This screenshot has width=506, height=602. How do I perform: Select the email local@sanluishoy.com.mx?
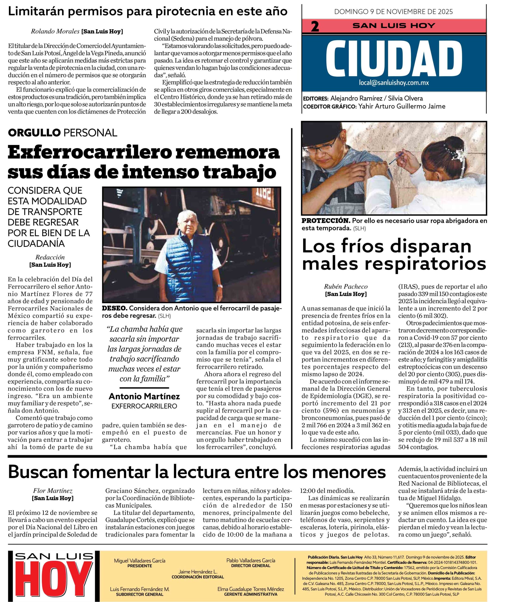pyautogui.click(x=394, y=83)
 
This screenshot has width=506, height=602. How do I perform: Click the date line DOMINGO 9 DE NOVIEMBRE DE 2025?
pyautogui.click(x=394, y=12)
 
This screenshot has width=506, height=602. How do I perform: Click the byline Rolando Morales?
pyautogui.click(x=55, y=32)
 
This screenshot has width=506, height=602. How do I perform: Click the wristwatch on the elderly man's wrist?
pyautogui.click(x=220, y=286)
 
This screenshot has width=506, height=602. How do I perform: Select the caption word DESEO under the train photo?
pyautogui.click(x=115, y=308)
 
